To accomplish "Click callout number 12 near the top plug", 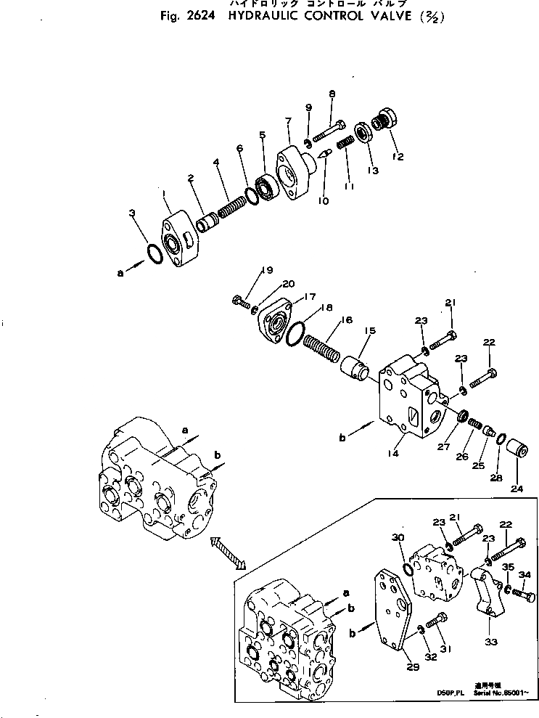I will tap(397, 156).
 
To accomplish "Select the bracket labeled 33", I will tap(480, 594).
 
